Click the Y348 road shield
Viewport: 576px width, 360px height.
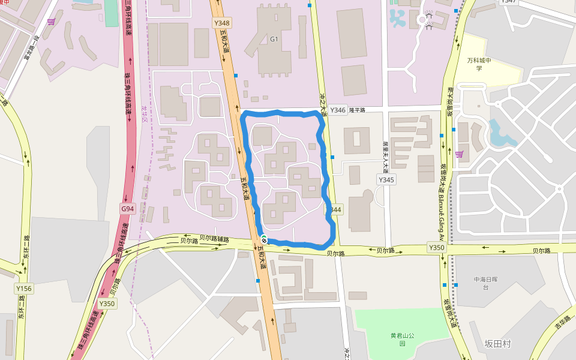click(x=222, y=23)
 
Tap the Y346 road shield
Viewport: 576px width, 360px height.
click(x=338, y=110)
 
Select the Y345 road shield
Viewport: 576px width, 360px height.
click(x=386, y=179)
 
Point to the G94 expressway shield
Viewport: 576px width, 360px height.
click(x=127, y=208)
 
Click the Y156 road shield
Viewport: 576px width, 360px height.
click(x=24, y=289)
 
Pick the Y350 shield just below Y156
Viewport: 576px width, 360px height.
click(x=107, y=304)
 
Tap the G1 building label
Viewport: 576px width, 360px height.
click(x=274, y=40)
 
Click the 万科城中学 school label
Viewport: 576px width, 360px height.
click(x=479, y=64)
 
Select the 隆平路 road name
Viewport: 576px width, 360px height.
click(x=357, y=110)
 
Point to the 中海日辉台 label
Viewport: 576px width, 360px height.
click(x=485, y=283)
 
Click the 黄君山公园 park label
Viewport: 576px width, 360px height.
click(x=403, y=340)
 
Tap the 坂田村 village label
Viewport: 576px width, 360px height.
click(x=497, y=344)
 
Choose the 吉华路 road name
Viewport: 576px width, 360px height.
click(x=562, y=322)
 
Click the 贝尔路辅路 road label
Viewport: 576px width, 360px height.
click(x=214, y=238)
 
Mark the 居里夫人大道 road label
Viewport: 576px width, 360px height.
click(x=385, y=156)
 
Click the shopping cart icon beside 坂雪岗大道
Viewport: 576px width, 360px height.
click(x=460, y=154)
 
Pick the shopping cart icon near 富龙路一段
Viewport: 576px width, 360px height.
click(x=52, y=22)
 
